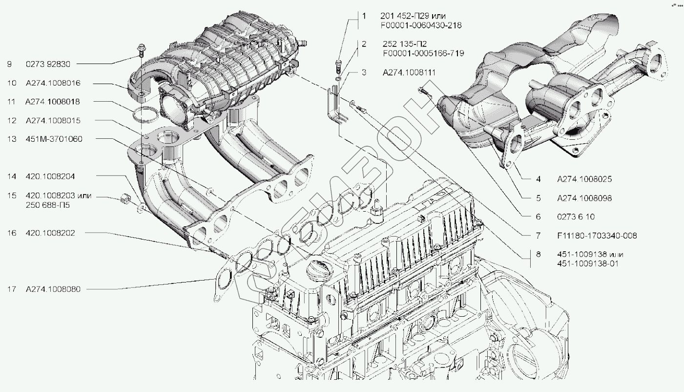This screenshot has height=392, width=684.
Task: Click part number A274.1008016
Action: click(x=53, y=83)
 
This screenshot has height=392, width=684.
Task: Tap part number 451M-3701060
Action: click(x=54, y=139)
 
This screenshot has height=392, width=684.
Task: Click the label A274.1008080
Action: click(x=53, y=289)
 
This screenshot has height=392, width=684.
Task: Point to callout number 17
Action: click(x=12, y=289)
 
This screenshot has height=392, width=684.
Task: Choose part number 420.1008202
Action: click(x=50, y=233)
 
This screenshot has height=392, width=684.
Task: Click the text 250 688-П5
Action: click(x=47, y=205)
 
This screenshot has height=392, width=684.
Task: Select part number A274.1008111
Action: click(x=409, y=72)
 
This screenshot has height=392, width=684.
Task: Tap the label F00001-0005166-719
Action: click(x=423, y=53)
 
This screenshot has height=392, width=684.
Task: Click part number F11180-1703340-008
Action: click(x=597, y=236)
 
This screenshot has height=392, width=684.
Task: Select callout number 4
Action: click(x=538, y=179)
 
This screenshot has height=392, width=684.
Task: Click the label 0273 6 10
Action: click(x=575, y=217)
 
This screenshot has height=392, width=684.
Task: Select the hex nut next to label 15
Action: click(x=124, y=198)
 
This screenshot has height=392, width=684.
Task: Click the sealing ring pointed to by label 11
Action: click(x=144, y=114)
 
